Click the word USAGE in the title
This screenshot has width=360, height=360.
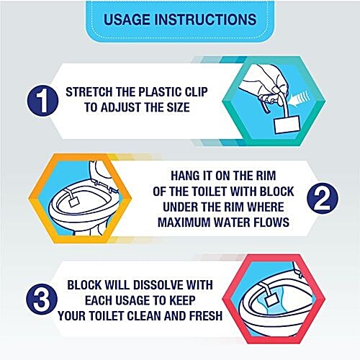127,19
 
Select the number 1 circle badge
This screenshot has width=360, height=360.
42,101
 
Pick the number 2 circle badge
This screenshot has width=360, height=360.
323,198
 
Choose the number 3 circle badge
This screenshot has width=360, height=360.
42,300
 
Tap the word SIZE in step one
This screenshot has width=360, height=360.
179,107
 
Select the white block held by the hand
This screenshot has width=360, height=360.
287,125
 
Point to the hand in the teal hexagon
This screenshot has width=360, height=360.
264,82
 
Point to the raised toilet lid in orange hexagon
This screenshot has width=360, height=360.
102,172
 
